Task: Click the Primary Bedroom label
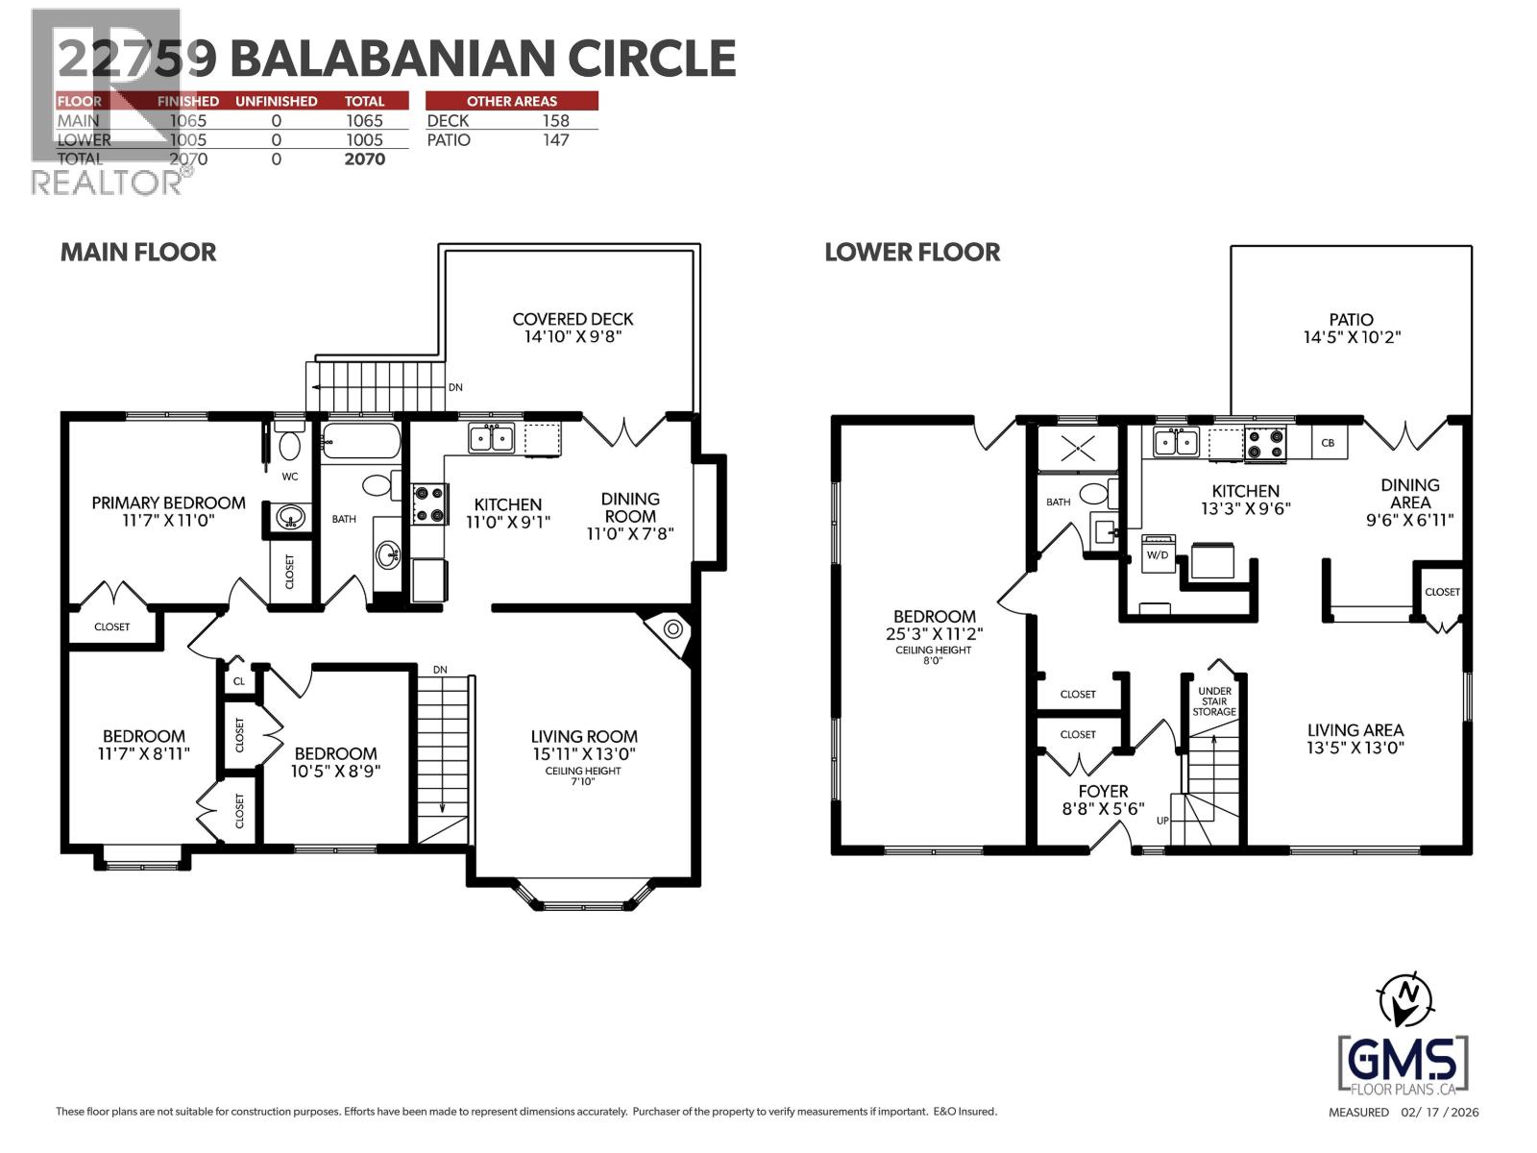coord(168,503)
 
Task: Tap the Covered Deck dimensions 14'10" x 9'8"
coord(573,338)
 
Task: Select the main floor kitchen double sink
coord(491,439)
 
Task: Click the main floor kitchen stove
coord(429,504)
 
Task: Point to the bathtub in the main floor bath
coord(361,443)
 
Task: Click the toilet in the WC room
coord(288,446)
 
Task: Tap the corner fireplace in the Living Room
coord(673,630)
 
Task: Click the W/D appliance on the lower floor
coord(1158,555)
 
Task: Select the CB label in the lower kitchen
coord(1329,443)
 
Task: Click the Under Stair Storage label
coord(1214,701)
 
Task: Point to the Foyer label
coord(1102,792)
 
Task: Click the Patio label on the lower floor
coord(1351,319)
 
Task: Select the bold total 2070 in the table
coord(364,159)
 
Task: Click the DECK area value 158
coord(555,120)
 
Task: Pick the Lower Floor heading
coord(912,252)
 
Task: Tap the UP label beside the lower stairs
coord(1162,821)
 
